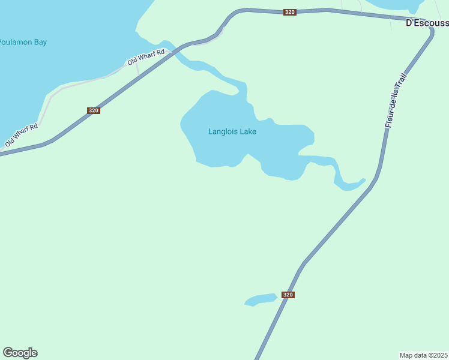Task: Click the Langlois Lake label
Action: point(232,131)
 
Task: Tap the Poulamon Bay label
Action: point(23,43)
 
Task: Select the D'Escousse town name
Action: point(427,23)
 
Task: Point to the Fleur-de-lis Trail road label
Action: point(396,101)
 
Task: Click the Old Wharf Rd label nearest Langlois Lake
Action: point(146,58)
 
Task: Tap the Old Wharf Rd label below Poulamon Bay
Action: point(22,136)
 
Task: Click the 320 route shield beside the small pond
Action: point(288,295)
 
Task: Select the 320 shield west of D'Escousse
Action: point(290,12)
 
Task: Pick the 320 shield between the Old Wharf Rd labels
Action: point(93,110)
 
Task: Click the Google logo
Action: point(20,353)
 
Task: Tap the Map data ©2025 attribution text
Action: point(423,355)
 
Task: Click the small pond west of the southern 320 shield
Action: point(260,299)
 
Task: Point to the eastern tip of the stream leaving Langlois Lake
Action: point(363,179)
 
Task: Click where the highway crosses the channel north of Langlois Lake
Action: point(175,52)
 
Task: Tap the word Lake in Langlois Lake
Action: point(248,131)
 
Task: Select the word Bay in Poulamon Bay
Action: point(40,43)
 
